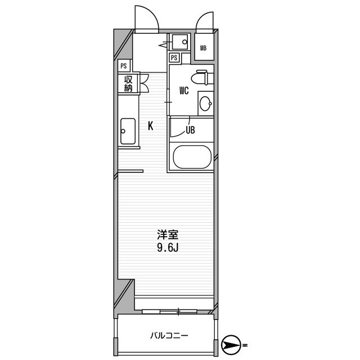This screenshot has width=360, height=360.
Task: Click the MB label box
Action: [x=204, y=47]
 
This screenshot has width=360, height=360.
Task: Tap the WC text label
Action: [x=184, y=91]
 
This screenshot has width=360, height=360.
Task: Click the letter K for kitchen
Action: [x=151, y=126]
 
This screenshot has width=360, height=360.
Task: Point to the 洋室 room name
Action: [x=165, y=233]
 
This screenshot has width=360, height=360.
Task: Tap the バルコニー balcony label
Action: [x=169, y=336]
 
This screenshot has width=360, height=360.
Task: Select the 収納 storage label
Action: [x=128, y=83]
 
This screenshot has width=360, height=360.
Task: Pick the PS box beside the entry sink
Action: [x=174, y=57]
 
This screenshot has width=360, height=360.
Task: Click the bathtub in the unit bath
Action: [x=191, y=157]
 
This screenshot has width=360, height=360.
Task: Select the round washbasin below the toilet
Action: [x=205, y=103]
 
